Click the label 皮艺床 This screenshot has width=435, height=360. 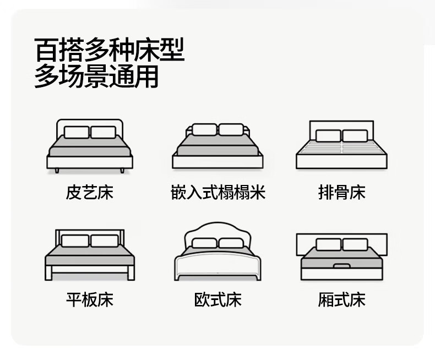(x=89, y=193)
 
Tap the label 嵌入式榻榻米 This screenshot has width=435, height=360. (x=218, y=193)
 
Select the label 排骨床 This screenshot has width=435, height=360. (x=341, y=193)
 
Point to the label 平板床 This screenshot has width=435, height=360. (x=89, y=299)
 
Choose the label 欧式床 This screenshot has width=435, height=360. (x=218, y=299)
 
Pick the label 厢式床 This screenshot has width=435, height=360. (x=341, y=299)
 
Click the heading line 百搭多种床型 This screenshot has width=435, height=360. (x=108, y=50)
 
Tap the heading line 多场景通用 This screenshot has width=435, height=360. (x=96, y=77)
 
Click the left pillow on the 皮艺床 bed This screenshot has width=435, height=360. (x=77, y=132)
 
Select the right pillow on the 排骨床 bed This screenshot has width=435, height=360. (x=355, y=135)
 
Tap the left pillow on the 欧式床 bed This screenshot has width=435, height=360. (x=204, y=243)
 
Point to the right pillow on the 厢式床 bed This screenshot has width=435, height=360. (x=355, y=244)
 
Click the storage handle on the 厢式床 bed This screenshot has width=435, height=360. (x=342, y=266)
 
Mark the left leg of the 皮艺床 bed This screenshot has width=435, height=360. (x=57, y=171)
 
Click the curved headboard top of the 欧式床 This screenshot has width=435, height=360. (x=216, y=226)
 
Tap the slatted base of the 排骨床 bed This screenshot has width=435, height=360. (x=341, y=149)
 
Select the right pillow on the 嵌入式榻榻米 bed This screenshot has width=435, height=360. (x=231, y=130)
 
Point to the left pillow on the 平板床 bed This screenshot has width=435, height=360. (x=75, y=241)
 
